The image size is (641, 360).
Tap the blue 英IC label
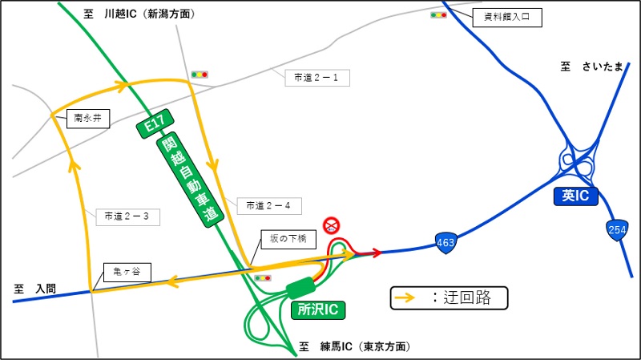(x=576, y=196)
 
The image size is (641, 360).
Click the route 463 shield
(x=446, y=241)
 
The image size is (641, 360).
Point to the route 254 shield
(x=616, y=229)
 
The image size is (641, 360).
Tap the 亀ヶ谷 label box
(x=126, y=272)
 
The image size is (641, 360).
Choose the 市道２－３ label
(x=128, y=215)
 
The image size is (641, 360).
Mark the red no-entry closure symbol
(x=330, y=224)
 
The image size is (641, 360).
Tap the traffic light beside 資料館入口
(x=438, y=14)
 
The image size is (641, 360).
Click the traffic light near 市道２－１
(x=199, y=75)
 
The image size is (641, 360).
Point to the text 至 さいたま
(x=591, y=67)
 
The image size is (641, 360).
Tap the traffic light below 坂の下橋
(x=261, y=277)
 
